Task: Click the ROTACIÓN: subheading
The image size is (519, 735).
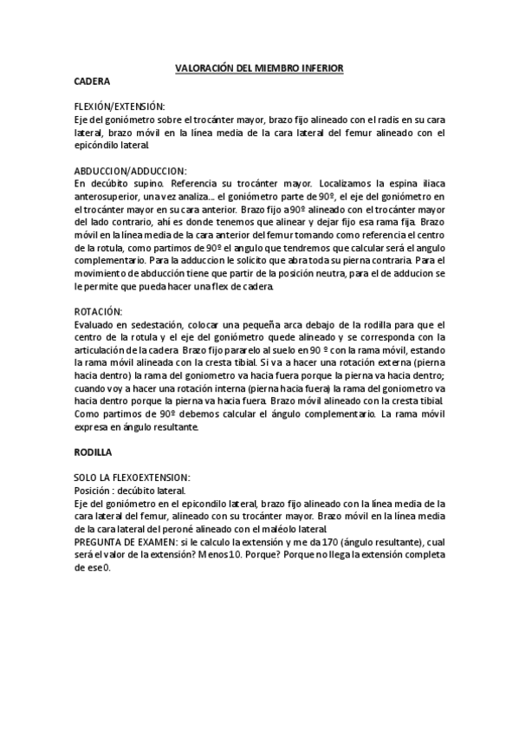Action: click(x=99, y=310)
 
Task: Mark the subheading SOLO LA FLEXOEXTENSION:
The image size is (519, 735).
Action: click(x=133, y=477)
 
